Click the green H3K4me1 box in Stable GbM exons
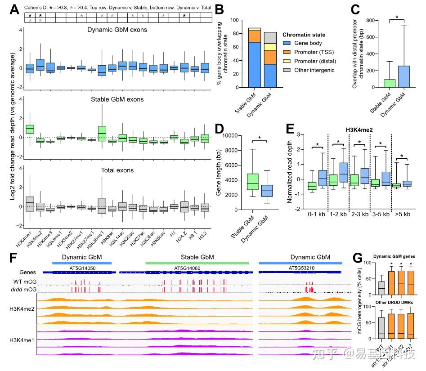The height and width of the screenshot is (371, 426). pyautogui.click(x=30, y=129)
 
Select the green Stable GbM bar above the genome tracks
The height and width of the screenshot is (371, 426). pyautogui.click(x=197, y=262)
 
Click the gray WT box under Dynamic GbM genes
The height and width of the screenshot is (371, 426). pyautogui.click(x=370, y=285)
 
